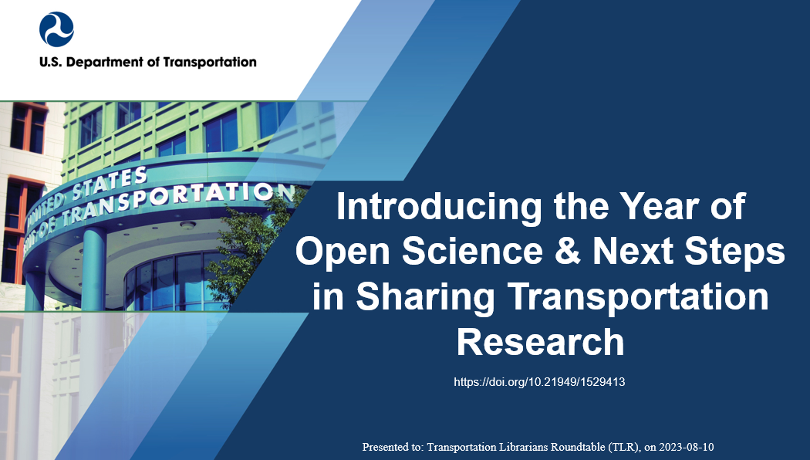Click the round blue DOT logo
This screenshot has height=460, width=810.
click(x=56, y=29)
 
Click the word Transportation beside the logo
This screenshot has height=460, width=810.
click(x=210, y=62)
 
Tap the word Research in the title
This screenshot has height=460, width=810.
click(x=540, y=341)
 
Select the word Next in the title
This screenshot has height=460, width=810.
click(x=626, y=252)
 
